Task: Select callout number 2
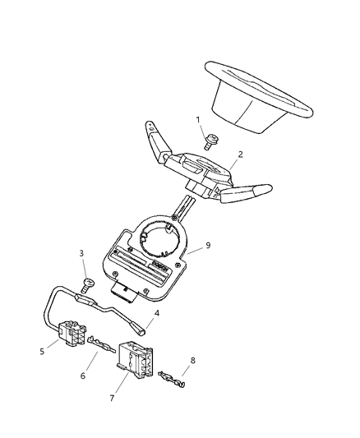[x=240, y=154]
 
